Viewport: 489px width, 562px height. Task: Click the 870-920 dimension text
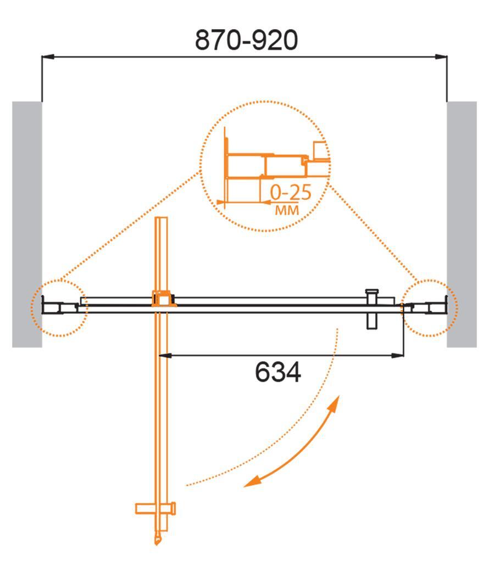pyautogui.click(x=247, y=40)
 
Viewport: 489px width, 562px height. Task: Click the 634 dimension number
pyautogui.click(x=278, y=373)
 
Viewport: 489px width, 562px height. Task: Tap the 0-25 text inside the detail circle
pyautogui.click(x=291, y=193)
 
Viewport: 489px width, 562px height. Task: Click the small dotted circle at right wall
pyautogui.click(x=430, y=307)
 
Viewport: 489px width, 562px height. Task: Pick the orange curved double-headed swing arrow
pyautogui.click(x=297, y=445)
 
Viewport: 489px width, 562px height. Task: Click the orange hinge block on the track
pyautogui.click(x=163, y=300)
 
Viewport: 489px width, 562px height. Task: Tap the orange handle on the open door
pyautogui.click(x=156, y=508)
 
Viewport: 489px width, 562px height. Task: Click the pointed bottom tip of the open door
pyautogui.click(x=158, y=542)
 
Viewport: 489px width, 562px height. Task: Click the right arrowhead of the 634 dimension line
pyautogui.click(x=399, y=356)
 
